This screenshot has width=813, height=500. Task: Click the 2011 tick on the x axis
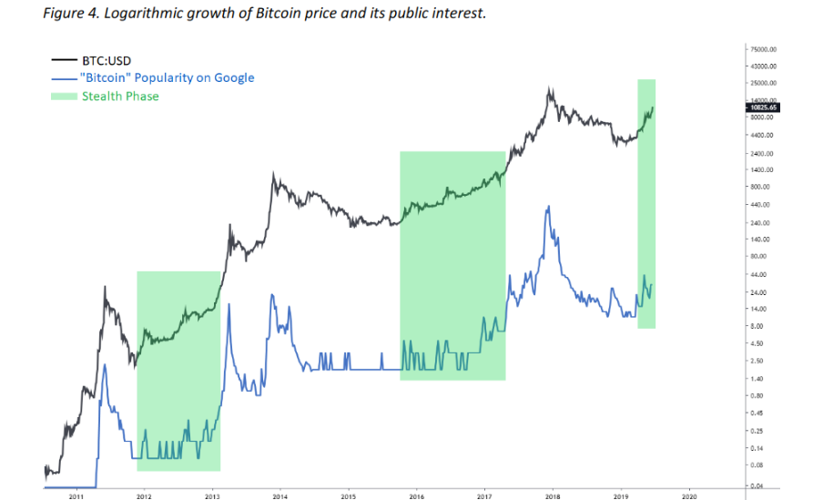(x=76, y=495)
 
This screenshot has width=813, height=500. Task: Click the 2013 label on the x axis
(x=212, y=495)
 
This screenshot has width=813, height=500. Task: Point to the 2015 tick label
(x=349, y=495)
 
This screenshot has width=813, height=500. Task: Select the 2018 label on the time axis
(x=553, y=495)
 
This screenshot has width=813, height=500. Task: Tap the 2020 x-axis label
(x=688, y=495)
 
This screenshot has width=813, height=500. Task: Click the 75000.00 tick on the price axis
(x=763, y=49)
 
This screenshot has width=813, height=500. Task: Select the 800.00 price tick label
(x=760, y=187)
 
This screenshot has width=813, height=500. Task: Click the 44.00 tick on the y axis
(x=758, y=274)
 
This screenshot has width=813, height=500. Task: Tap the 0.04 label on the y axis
(x=757, y=486)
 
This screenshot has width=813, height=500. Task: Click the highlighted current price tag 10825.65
(x=761, y=107)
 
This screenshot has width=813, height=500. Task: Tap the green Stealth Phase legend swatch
(x=66, y=96)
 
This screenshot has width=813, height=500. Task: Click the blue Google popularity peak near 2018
(x=548, y=207)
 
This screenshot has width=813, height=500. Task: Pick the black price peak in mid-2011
(x=106, y=288)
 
